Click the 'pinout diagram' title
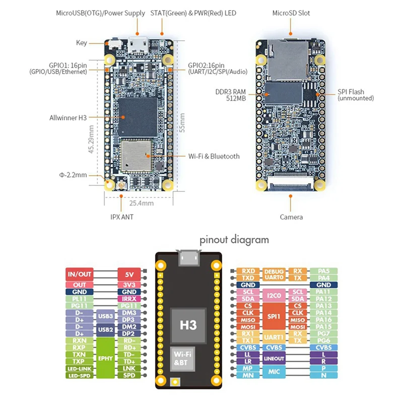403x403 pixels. click(234, 240)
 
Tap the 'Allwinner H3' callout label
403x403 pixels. click(68, 117)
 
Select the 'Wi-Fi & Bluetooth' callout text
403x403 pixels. click(214, 156)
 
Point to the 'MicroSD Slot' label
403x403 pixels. click(291, 13)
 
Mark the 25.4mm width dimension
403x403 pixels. click(142, 204)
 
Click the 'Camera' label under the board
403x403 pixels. click(291, 217)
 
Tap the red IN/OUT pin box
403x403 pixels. click(80, 275)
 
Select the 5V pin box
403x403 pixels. click(129, 275)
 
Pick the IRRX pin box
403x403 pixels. click(129, 299)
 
